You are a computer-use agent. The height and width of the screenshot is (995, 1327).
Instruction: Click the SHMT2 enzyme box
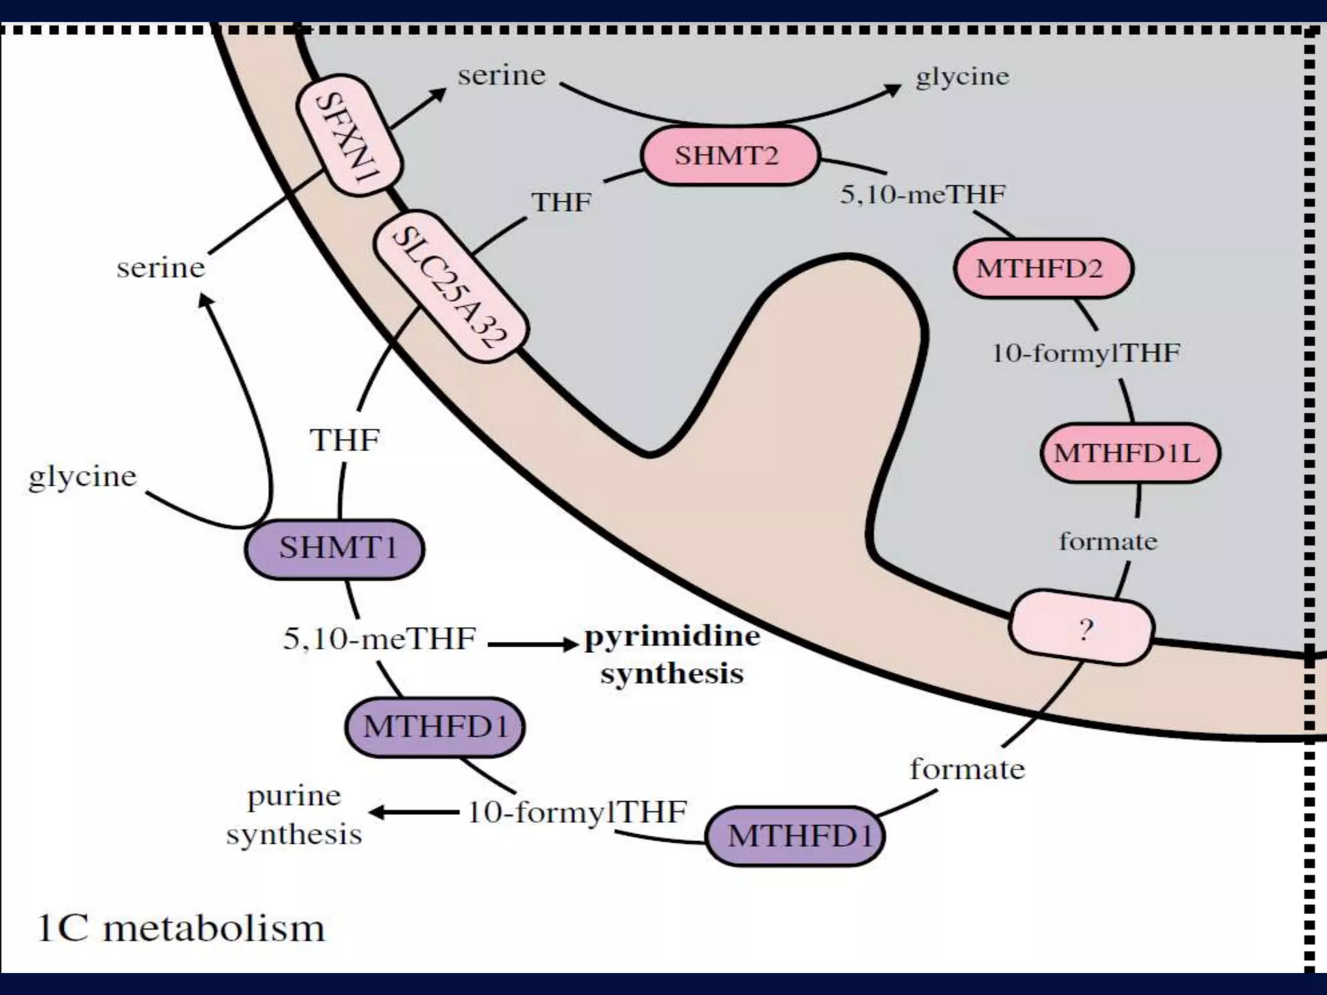730,156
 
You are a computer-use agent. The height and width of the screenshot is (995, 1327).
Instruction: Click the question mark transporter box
1081,628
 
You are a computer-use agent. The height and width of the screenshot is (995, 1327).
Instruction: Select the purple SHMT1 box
334,549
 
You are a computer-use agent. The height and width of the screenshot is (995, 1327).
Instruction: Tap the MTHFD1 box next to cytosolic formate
795,836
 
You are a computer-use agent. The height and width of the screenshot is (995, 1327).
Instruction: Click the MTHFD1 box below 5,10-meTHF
434,727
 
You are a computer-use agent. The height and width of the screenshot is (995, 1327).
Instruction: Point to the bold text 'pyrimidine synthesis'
672,654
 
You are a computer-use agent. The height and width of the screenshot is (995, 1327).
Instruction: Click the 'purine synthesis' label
294,814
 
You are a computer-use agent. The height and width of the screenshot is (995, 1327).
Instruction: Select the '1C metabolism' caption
181,928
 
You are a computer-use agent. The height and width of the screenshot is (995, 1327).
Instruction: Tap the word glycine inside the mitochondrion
962,77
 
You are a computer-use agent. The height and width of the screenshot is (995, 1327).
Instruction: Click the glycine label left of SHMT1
83,477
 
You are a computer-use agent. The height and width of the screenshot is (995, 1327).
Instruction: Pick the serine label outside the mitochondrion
161,268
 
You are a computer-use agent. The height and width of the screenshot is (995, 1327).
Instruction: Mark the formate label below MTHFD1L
1108,541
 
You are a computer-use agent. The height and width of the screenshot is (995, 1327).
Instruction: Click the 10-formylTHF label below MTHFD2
1087,354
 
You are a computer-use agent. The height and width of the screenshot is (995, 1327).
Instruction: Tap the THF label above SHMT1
345,440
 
